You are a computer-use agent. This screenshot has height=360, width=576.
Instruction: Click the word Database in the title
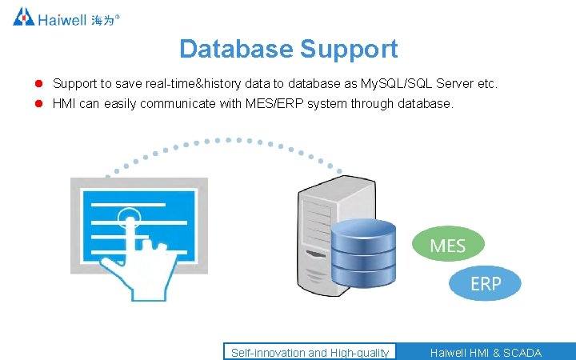click(x=236, y=49)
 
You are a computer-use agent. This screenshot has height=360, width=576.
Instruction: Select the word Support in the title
click(x=349, y=49)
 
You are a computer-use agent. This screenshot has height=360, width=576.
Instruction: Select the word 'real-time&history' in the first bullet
click(x=189, y=83)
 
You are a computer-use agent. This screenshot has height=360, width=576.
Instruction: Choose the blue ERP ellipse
click(x=485, y=283)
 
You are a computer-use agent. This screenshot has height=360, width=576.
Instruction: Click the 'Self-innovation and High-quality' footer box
click(x=310, y=352)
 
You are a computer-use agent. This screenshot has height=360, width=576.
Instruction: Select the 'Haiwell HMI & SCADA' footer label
click(x=486, y=352)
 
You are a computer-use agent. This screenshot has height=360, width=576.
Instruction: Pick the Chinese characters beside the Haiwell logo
click(x=103, y=18)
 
